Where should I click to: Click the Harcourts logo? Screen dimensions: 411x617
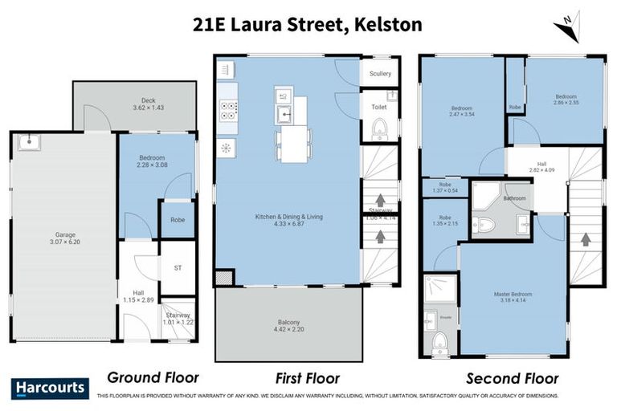pos(49,388)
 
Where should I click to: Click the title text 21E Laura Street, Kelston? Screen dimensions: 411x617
pos(308,24)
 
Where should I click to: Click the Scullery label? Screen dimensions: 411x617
pos(380,74)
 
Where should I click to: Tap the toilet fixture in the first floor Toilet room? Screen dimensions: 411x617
pos(380,128)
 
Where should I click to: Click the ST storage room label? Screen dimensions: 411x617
pos(178,269)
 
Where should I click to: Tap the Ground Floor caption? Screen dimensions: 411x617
pos(153,377)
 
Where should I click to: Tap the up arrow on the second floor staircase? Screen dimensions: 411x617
pos(585,239)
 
